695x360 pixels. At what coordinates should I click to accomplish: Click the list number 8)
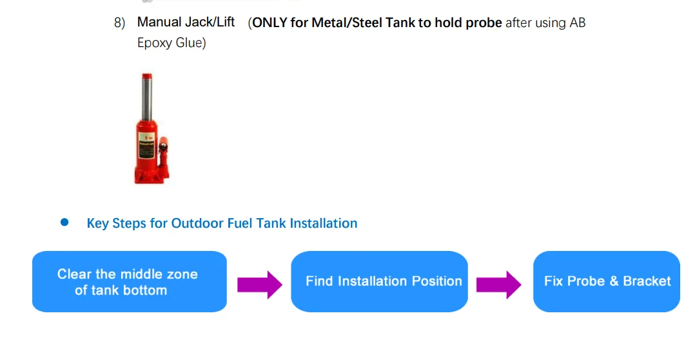[119, 23]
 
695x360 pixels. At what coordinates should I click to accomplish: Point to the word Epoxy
[155, 44]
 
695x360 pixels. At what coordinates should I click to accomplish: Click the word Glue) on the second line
[191, 44]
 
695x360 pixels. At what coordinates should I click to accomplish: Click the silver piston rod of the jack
[148, 94]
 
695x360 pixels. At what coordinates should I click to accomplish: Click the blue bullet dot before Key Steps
[64, 223]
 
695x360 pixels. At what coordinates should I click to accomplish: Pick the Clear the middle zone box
[130, 282]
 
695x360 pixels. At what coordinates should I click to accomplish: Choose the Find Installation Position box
[379, 282]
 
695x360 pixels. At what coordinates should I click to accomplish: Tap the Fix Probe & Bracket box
[606, 282]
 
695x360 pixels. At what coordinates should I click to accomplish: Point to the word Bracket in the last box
[647, 281]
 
